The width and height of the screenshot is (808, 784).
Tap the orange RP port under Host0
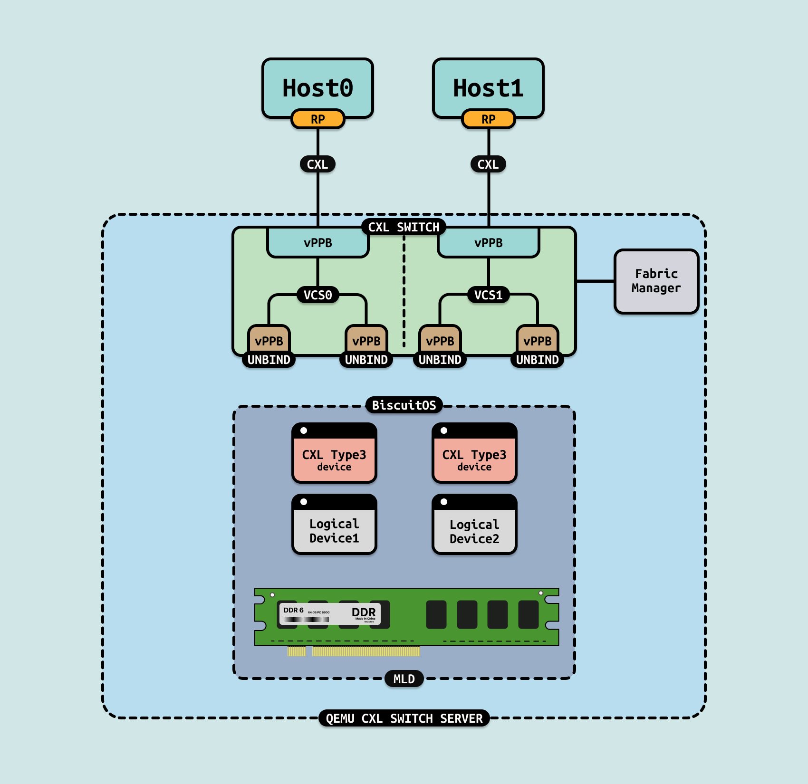317,119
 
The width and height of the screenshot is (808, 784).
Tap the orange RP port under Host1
488,119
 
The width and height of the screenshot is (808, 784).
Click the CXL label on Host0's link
317,164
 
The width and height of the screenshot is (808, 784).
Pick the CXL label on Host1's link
488,164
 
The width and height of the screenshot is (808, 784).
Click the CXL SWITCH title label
404,227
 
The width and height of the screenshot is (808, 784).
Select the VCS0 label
317,295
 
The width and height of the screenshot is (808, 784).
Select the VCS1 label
488,295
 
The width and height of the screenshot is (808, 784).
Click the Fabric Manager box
656,281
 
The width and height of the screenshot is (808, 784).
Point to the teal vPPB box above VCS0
317,243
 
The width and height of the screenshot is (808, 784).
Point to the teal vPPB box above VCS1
488,243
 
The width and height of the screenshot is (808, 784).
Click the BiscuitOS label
404,405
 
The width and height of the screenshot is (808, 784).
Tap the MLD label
404,679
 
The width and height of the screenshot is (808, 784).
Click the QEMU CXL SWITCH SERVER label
404,718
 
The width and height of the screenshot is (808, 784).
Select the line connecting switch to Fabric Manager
595,281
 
